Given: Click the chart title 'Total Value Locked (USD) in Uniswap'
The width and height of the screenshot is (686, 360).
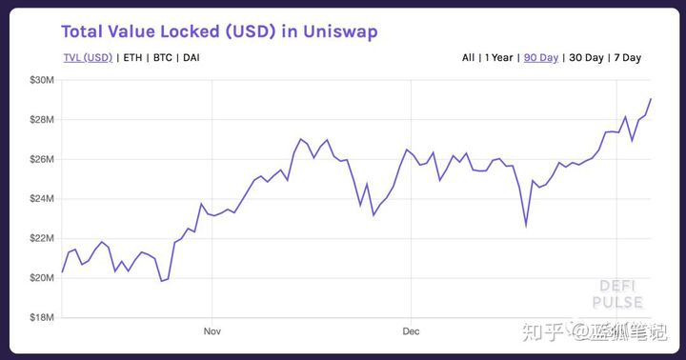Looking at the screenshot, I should [219, 31].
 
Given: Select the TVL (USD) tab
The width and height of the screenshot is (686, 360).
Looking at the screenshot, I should [88, 58].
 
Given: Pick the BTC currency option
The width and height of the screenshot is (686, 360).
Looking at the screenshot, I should [163, 58].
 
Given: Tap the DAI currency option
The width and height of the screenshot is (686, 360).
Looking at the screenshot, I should [191, 58].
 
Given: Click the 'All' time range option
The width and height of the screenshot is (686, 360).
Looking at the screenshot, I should [468, 58].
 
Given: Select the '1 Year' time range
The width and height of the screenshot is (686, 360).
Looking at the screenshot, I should [499, 58].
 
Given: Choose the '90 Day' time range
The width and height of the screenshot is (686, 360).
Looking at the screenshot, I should [541, 58].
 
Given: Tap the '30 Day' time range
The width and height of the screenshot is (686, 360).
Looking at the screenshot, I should [586, 58].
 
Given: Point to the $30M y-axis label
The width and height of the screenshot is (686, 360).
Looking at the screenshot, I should [41, 79].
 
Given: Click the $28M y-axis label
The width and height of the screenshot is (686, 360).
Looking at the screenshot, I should [41, 119].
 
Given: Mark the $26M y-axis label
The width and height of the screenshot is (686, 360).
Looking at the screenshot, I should [41, 158].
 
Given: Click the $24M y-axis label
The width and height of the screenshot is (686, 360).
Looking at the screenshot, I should [41, 198].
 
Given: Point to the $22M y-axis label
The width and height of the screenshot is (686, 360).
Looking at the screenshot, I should [41, 237].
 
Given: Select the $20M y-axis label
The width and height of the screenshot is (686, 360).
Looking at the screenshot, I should [41, 277].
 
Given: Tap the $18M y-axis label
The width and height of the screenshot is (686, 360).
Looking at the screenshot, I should [41, 317].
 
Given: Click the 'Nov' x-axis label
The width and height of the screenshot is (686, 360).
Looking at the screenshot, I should [212, 331].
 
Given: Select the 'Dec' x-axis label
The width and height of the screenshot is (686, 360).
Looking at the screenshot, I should [411, 331].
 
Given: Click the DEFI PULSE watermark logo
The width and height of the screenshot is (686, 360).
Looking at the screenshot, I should [617, 294].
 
